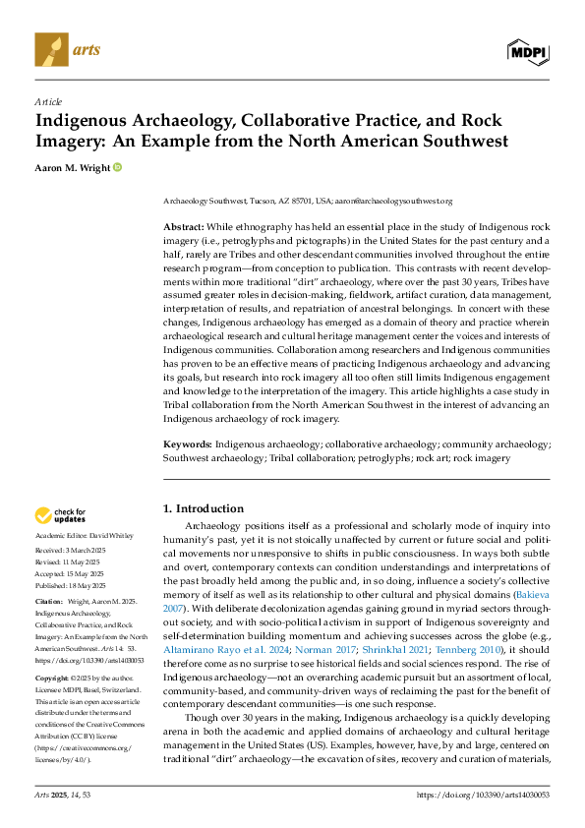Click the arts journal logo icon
pyautogui.click(x=49, y=47)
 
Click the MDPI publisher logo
pyautogui.click(x=528, y=49)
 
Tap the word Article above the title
pyautogui.click(x=48, y=102)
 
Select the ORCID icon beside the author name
pyautogui.click(x=118, y=168)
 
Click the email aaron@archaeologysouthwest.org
pyautogui.click(x=394, y=202)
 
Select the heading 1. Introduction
pyautogui.click(x=203, y=508)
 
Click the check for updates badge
pyautogui.click(x=61, y=515)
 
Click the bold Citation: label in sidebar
pyautogui.click(x=50, y=599)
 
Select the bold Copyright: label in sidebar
pyautogui.click(x=53, y=679)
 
